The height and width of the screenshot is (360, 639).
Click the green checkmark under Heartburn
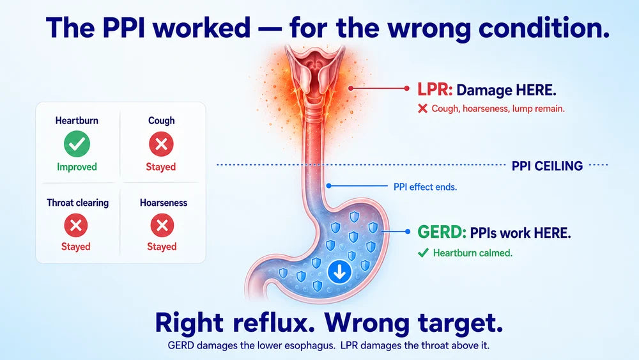tap(77, 144)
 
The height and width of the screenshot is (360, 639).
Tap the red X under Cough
tap(161, 144)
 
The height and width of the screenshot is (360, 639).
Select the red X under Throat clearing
tap(76, 226)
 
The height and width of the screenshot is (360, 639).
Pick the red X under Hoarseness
tap(162, 226)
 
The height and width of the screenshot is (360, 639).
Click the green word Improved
tap(77, 167)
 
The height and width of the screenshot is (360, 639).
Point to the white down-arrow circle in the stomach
tap(340, 272)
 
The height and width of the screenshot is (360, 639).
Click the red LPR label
tap(435, 90)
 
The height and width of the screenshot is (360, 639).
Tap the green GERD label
tap(442, 232)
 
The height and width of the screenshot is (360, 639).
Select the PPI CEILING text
tap(548, 166)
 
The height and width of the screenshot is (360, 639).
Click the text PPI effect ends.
tap(425, 187)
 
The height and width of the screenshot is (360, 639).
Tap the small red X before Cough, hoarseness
tap(422, 109)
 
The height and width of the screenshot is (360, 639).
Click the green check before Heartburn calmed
tap(423, 253)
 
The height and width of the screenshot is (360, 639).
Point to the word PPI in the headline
tap(123, 27)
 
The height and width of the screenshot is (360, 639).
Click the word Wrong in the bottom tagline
tap(367, 322)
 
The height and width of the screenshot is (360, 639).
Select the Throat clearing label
tap(78, 203)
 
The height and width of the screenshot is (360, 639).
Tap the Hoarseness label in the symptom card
tap(164, 203)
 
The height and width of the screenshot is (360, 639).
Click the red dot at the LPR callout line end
tap(406, 88)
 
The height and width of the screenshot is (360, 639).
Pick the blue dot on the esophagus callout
tap(329, 186)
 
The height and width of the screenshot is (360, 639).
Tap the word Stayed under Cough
tap(161, 167)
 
